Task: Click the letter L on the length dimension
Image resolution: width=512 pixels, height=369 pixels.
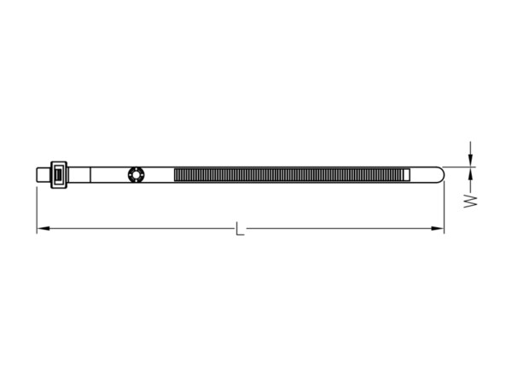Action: click(240, 228)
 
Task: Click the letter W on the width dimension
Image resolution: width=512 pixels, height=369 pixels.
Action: click(470, 201)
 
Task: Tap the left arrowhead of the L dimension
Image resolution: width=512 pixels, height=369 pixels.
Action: click(44, 228)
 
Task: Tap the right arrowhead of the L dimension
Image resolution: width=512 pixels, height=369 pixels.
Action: click(438, 228)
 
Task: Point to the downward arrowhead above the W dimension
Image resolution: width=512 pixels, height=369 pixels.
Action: click(470, 160)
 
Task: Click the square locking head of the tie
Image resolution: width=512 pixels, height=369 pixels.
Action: click(59, 175)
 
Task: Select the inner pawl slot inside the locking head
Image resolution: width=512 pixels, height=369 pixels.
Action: click(58, 174)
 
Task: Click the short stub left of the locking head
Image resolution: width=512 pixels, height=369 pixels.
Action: click(44, 175)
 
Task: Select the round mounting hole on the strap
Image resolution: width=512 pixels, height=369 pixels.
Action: click(136, 174)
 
